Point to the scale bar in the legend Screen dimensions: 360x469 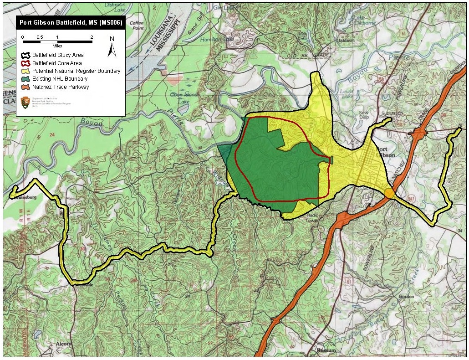click(57, 41)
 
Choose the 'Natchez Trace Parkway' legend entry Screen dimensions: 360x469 click(57, 87)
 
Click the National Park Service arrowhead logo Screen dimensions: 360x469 click(25, 103)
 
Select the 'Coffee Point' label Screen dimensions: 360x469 click(137, 25)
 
